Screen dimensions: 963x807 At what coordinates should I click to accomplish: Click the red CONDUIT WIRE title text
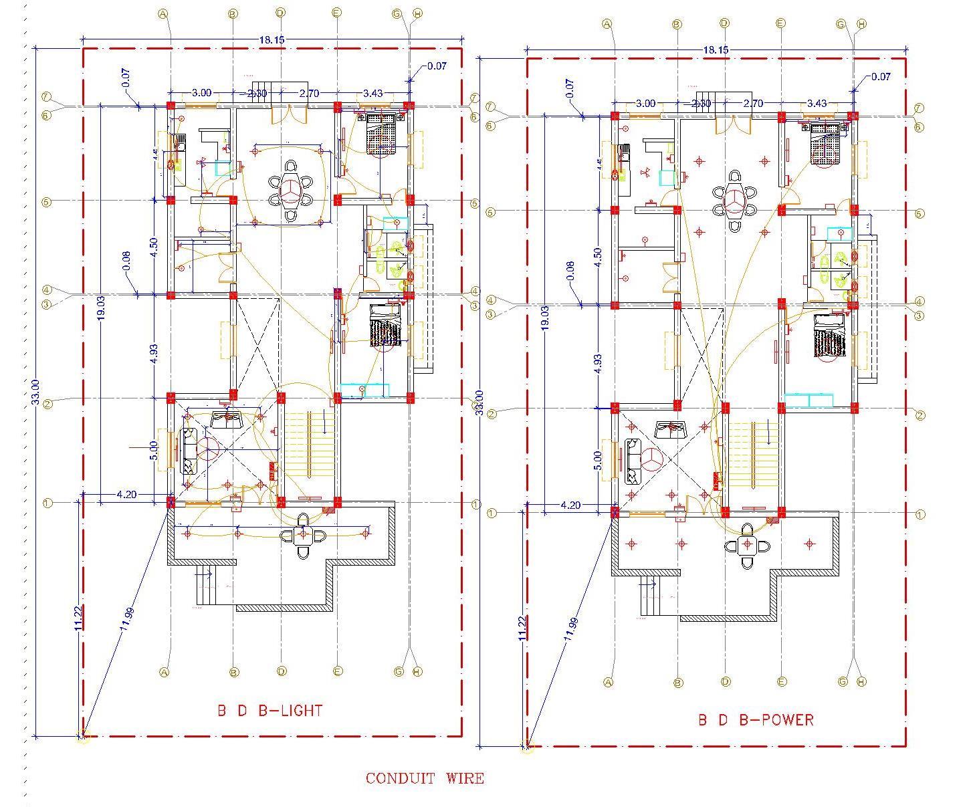click(x=424, y=778)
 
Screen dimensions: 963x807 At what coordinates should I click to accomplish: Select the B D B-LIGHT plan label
click(x=270, y=711)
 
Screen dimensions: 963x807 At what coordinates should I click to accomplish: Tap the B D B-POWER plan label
click(x=756, y=720)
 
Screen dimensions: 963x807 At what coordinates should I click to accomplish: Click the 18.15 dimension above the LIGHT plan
click(x=272, y=40)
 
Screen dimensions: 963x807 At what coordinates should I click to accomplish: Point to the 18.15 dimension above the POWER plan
click(x=716, y=50)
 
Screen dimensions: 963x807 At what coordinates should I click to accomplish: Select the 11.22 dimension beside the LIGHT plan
click(x=79, y=618)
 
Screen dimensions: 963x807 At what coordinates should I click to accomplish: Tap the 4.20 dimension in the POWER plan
click(x=570, y=505)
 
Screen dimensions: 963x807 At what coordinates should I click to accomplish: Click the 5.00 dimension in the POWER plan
click(x=598, y=460)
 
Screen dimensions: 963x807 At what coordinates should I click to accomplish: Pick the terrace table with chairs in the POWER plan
click(x=748, y=546)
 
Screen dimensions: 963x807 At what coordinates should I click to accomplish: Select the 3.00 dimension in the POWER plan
click(x=645, y=104)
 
